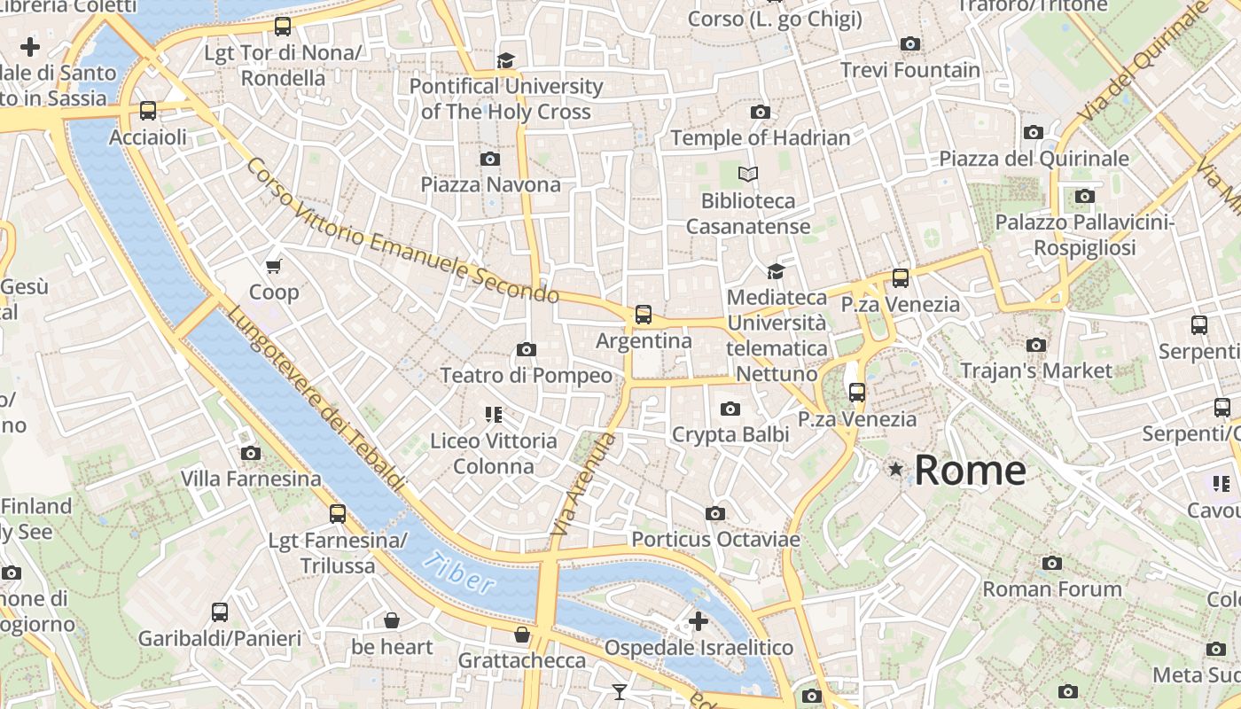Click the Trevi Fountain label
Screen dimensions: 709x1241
[909, 70]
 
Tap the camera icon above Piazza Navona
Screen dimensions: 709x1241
[489, 160]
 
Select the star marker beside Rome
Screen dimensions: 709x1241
[896, 469]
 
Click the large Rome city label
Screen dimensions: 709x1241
[970, 470]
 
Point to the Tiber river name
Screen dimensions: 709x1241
[457, 573]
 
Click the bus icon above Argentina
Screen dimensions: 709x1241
[644, 315]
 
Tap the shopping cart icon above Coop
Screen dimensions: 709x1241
[274, 266]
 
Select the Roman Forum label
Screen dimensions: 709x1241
[1051, 588]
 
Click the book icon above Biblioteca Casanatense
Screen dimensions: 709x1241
[748, 175]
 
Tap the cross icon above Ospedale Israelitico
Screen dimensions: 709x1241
[699, 621]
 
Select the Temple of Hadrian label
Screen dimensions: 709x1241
[760, 138]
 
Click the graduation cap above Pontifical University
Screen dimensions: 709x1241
[505, 60]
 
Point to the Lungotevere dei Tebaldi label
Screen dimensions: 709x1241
[316, 399]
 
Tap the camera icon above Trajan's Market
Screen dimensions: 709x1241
[1035, 345]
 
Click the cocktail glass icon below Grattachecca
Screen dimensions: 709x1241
[620, 691]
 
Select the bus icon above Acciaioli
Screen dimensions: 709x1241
[148, 111]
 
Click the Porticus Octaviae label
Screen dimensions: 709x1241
[715, 539]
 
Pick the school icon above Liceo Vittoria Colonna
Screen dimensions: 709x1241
[494, 414]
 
